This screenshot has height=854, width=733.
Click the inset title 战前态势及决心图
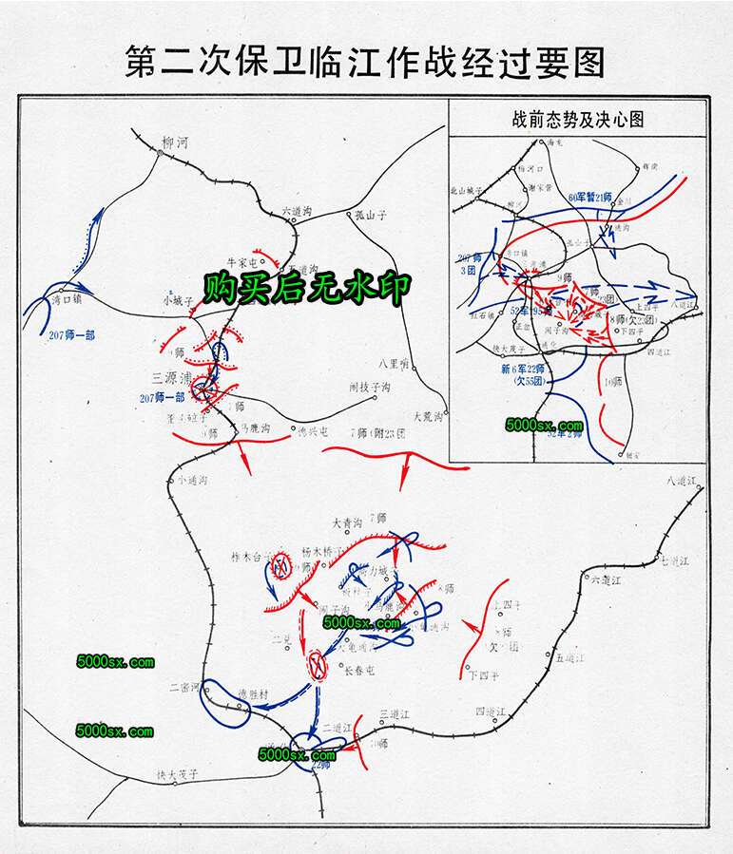(x=577, y=120)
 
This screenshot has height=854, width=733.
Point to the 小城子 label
(x=178, y=300)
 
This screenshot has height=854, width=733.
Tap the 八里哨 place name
(x=392, y=362)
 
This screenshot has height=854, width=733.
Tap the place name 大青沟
(x=347, y=523)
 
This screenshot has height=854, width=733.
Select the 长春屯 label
(x=359, y=671)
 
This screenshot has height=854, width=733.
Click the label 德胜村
(x=254, y=694)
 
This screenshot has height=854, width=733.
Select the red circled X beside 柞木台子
(x=280, y=568)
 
